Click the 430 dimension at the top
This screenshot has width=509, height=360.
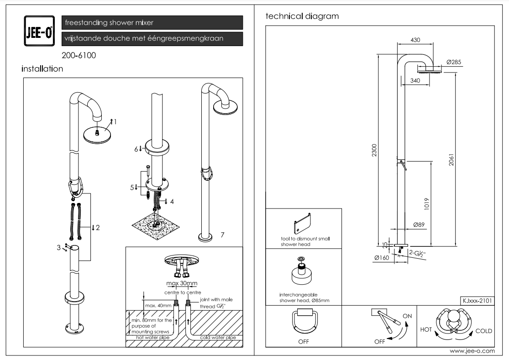pos(415,40)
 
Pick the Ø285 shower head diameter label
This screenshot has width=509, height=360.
pos(453,62)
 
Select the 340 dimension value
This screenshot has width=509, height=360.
pos(415,81)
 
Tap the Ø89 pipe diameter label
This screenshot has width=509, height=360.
pos(420,225)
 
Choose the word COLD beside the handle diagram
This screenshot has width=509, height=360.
pos(483,331)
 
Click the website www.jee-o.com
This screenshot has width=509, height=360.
pos(472,351)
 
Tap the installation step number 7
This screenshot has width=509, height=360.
pos(222,235)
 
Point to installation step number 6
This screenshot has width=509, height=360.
pos(136,149)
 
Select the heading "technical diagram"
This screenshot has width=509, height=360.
pos(302,16)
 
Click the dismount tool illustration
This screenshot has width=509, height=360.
pos(303,223)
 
